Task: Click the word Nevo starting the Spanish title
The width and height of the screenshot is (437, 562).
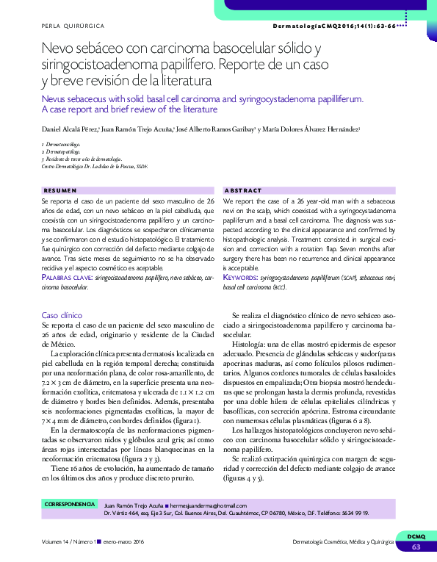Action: pos(58,49)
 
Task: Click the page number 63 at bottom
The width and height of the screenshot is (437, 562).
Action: pos(415,547)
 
